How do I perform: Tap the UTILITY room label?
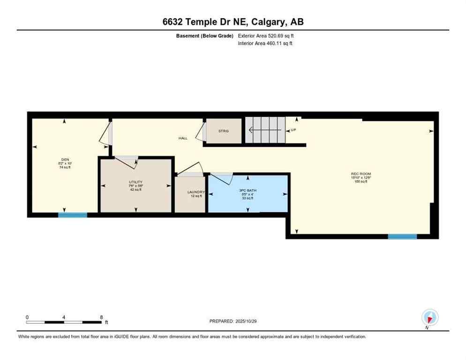[135, 182]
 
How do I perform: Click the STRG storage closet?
[224, 131]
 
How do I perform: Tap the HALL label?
[183, 138]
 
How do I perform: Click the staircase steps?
[265, 130]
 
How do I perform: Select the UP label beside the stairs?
[293, 130]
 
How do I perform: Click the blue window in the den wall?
[73, 215]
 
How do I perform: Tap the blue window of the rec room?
[402, 237]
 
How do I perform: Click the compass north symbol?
[429, 318]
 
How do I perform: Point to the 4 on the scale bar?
[63, 317]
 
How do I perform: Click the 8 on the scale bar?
[101, 317]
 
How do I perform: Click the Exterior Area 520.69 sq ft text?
[266, 36]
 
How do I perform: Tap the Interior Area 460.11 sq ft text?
[265, 44]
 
